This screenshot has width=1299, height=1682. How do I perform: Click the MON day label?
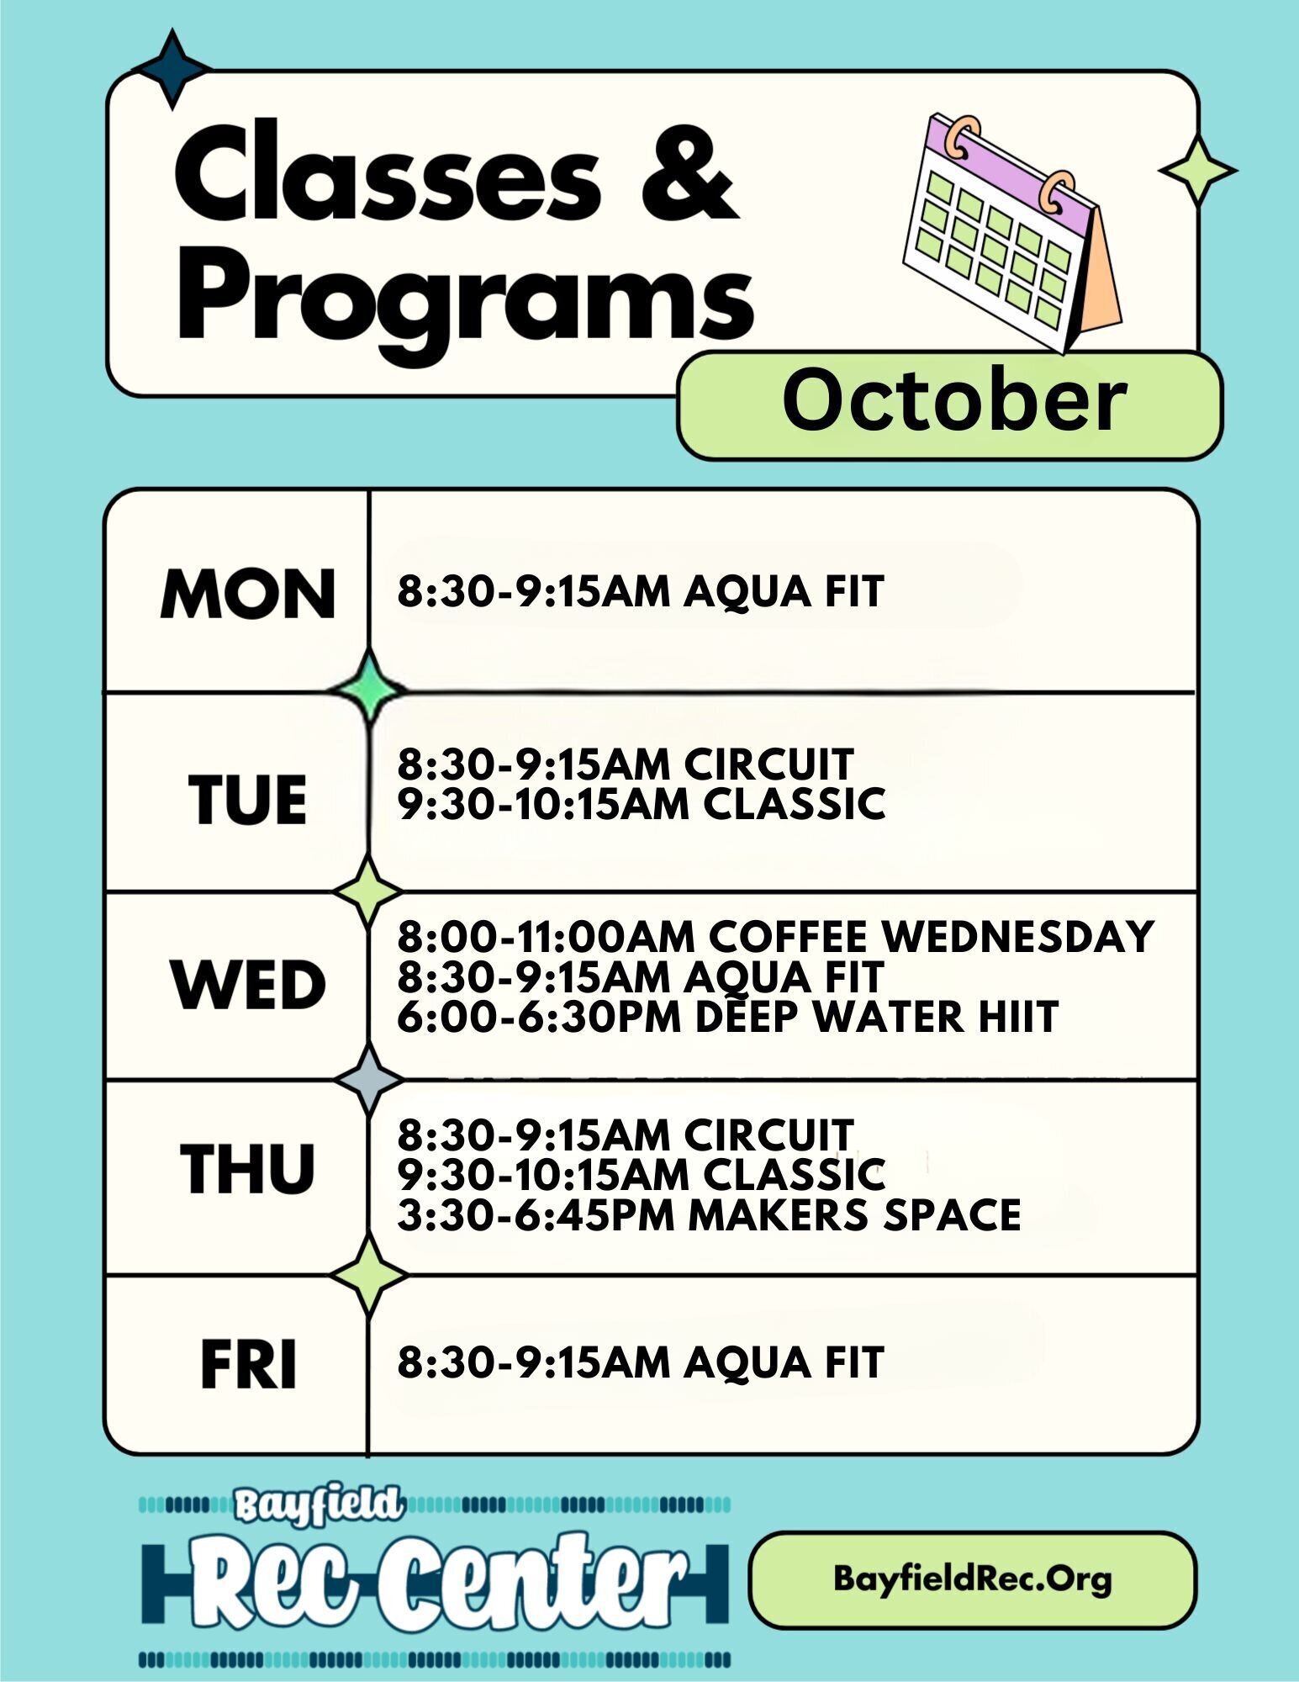coord(248,594)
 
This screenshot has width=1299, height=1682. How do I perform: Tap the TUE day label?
coord(248,799)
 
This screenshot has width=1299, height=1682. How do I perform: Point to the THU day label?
coord(248,1169)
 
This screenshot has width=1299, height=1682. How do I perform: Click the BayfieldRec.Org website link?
coord(973,1579)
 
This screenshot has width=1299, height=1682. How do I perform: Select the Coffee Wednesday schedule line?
coord(775,937)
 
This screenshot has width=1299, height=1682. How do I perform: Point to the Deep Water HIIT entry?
coord(727,1017)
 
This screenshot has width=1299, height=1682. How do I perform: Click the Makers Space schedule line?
coord(709,1215)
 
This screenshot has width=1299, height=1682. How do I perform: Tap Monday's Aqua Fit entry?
coord(641,591)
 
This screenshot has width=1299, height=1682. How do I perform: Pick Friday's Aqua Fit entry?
coord(641,1363)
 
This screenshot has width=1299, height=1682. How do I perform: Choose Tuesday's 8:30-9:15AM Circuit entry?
coord(626,764)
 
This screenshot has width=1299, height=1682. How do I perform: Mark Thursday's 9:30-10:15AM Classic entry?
coord(642,1175)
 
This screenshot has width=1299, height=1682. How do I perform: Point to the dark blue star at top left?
coord(172,69)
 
